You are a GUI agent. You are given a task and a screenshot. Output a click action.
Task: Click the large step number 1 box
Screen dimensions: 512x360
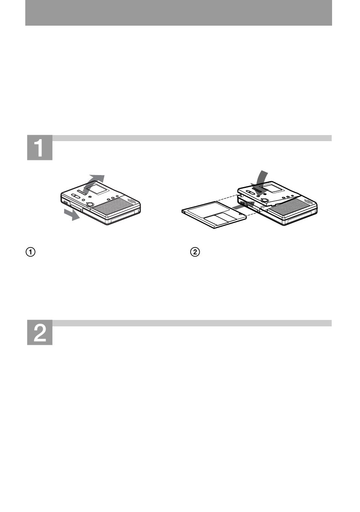pos(40,148)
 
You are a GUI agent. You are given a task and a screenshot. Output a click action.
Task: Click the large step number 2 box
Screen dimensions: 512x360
pos(40,332)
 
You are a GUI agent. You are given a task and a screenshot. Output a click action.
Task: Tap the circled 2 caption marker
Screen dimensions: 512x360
pos(195,252)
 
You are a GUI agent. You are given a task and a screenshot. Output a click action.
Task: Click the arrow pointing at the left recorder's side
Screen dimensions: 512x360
pos(73,215)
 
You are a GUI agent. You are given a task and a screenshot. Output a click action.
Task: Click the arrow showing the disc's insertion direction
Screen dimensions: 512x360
pos(237,207)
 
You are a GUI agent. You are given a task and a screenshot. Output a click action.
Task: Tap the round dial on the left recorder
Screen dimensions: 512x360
pos(90,205)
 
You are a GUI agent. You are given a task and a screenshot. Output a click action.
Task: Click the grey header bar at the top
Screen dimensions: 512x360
pos(178,13)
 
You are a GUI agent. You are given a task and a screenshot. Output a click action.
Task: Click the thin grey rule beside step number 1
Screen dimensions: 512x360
pos(192,138)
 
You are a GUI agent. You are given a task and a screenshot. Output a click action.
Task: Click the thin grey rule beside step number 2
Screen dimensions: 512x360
pos(192,323)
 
